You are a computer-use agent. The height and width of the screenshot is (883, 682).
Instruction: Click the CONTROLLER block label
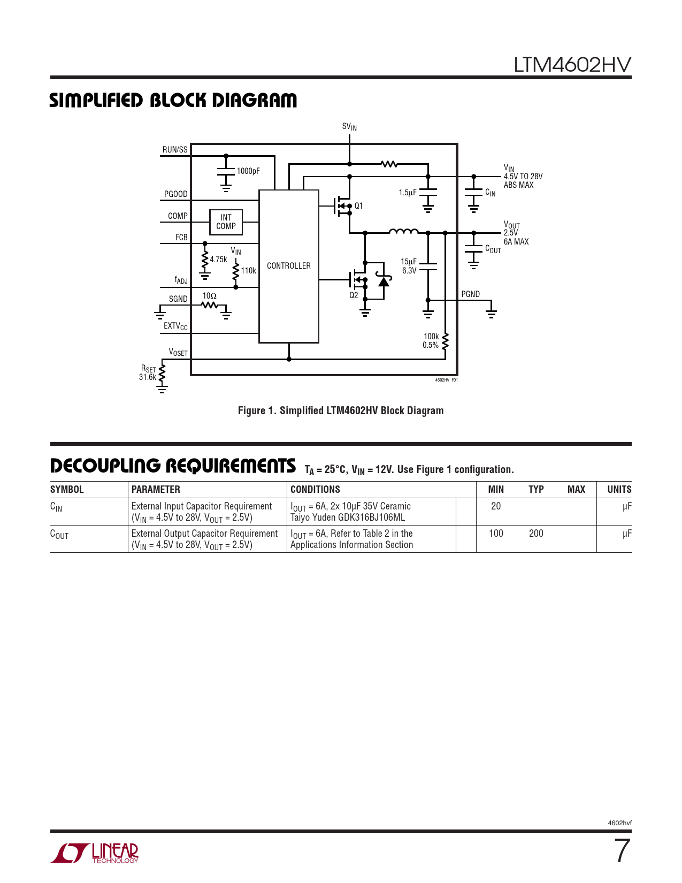point(288,266)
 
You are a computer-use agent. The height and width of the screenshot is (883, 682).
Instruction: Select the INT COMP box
point(226,222)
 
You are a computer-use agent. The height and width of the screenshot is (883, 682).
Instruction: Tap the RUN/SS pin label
point(175,150)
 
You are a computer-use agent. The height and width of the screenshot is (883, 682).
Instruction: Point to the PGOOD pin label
point(175,194)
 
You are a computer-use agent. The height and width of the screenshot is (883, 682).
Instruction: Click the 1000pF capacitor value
point(248,171)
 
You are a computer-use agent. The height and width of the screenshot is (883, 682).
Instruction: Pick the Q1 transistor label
point(358,206)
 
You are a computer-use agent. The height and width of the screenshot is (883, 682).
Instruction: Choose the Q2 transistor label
point(354,295)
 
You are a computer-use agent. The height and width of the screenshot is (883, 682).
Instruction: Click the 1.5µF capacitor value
point(407,193)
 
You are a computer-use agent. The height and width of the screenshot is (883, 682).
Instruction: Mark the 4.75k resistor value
point(218,260)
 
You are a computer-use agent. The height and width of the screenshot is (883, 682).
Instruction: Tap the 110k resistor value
point(248,271)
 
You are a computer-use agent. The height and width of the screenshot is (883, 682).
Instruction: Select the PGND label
point(471,294)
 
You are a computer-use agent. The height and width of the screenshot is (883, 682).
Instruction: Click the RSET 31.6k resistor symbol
point(162,374)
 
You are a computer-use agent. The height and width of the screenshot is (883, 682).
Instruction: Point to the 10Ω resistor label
point(209,296)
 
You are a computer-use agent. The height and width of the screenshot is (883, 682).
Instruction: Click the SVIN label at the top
point(349,127)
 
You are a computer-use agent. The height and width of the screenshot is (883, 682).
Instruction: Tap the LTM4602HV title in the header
point(572,65)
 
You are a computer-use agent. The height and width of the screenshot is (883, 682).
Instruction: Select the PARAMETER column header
point(156,489)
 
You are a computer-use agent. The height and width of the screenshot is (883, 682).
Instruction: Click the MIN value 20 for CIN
point(496,506)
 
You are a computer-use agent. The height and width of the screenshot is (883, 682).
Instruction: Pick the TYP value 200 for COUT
point(536,534)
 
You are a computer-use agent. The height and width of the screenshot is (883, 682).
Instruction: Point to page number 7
point(621,851)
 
